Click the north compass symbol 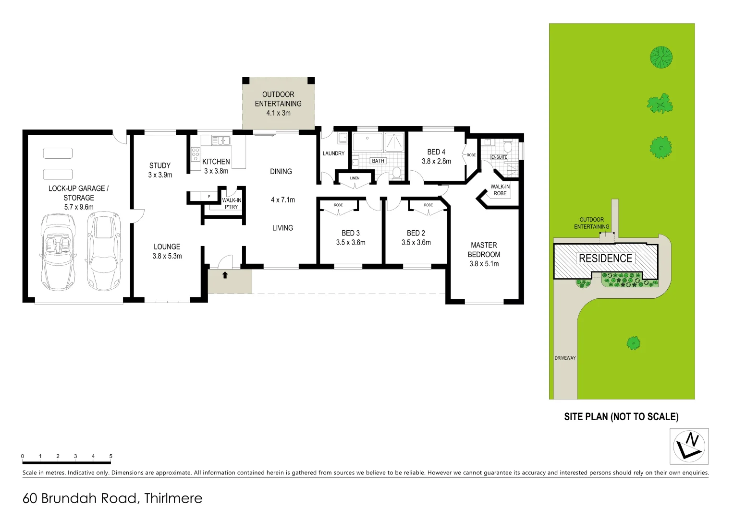pyautogui.click(x=689, y=446)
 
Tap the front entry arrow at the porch pyautogui.click(x=225, y=275)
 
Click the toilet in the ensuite pyautogui.click(x=508, y=147)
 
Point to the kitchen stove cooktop pyautogui.click(x=196, y=154)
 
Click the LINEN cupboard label pyautogui.click(x=355, y=178)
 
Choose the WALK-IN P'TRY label pyautogui.click(x=232, y=203)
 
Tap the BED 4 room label pyautogui.click(x=436, y=152)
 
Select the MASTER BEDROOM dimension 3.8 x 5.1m pyautogui.click(x=484, y=264)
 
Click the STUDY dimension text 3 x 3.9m pyautogui.click(x=160, y=175)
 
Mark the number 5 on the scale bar pyautogui.click(x=111, y=456)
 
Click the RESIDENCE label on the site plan pyautogui.click(x=605, y=259)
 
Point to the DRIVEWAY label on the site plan pyautogui.click(x=565, y=358)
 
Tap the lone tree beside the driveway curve pyautogui.click(x=633, y=342)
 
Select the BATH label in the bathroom pyautogui.click(x=378, y=161)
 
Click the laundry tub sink pyautogui.click(x=343, y=138)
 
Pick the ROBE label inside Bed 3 pyautogui.click(x=338, y=205)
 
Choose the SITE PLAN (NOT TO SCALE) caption pyautogui.click(x=621, y=417)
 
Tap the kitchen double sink pyautogui.click(x=221, y=141)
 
